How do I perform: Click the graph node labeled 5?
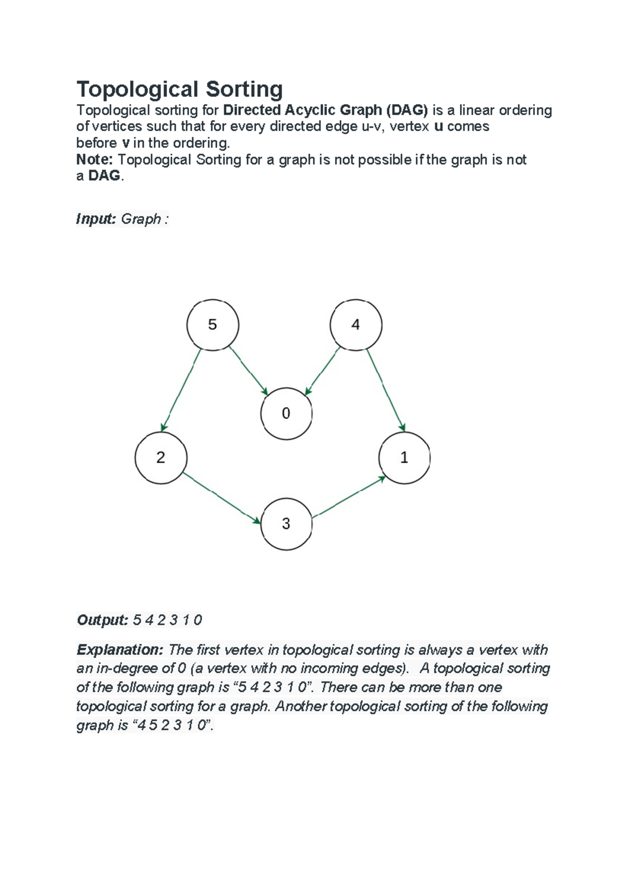[213, 325]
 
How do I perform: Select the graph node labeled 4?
[356, 325]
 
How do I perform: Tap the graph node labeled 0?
[286, 414]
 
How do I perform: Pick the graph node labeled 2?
[161, 458]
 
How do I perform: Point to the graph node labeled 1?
[404, 458]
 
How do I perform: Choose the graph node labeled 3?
[286, 524]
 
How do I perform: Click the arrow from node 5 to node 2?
[181, 390]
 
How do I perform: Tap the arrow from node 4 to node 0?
[323, 370]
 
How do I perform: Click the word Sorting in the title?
[244, 89]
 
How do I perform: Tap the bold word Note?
[95, 160]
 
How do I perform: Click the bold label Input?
[96, 219]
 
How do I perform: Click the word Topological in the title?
[138, 89]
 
